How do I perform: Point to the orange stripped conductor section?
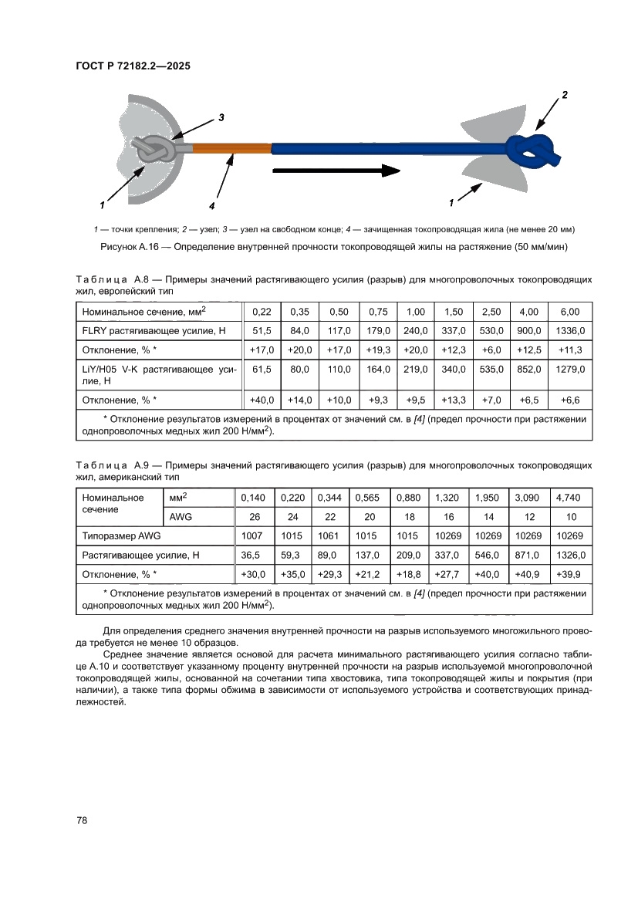click(231, 148)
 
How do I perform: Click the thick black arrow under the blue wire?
click(336, 170)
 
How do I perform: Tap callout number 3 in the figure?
click(221, 118)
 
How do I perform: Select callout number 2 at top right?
click(565, 94)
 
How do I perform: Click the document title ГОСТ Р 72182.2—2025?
click(133, 66)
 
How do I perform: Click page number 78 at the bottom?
click(83, 820)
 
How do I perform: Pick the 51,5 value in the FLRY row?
click(263, 330)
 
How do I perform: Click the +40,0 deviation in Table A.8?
click(263, 400)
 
